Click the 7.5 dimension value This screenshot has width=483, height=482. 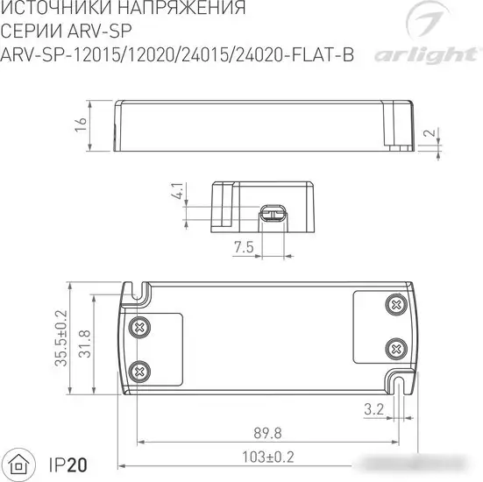(244, 248)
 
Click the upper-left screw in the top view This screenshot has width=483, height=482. (138, 328)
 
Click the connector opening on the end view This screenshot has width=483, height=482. (271, 212)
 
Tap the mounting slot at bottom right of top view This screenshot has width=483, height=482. (400, 383)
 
